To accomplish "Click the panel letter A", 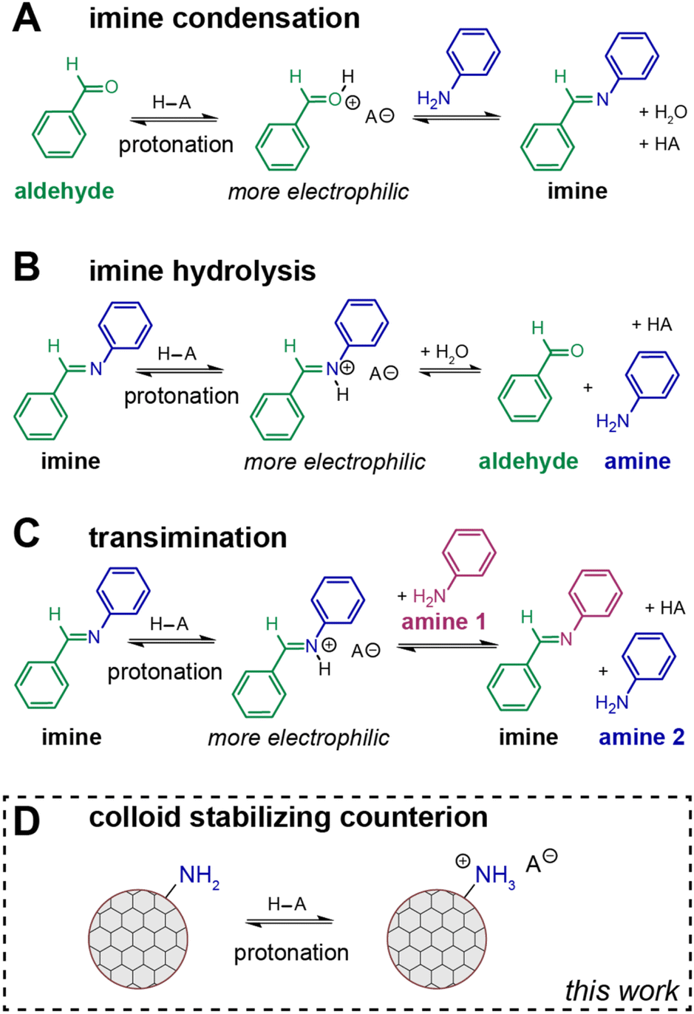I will [x=27, y=18].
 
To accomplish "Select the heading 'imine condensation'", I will [x=224, y=18].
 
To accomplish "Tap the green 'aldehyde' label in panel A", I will [x=64, y=191].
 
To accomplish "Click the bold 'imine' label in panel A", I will [x=577, y=191].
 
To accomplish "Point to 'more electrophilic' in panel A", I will [x=318, y=192].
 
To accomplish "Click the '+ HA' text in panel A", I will [x=659, y=144].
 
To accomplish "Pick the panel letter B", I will [x=27, y=268].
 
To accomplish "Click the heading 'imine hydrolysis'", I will [x=202, y=271].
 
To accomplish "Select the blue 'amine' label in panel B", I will [x=637, y=461].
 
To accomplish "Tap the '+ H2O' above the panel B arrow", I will [x=444, y=352].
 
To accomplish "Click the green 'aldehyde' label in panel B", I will [x=528, y=461].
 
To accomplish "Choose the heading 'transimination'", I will [x=188, y=538].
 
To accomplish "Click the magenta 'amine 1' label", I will [x=443, y=621].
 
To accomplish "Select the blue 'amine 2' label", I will [x=642, y=736].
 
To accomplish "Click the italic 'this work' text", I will [x=621, y=990].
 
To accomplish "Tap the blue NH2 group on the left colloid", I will [x=199, y=876].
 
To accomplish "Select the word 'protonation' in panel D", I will [x=291, y=953].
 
